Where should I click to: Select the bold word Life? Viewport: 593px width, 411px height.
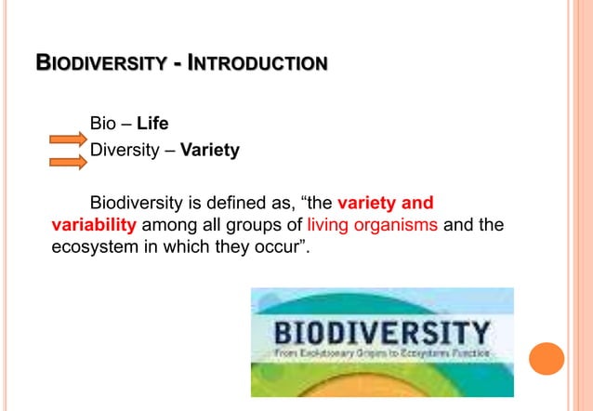pyautogui.click(x=152, y=123)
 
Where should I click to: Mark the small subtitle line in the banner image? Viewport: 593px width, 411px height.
pyautogui.click(x=381, y=354)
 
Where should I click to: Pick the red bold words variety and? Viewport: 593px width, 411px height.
pyautogui.click(x=385, y=203)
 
